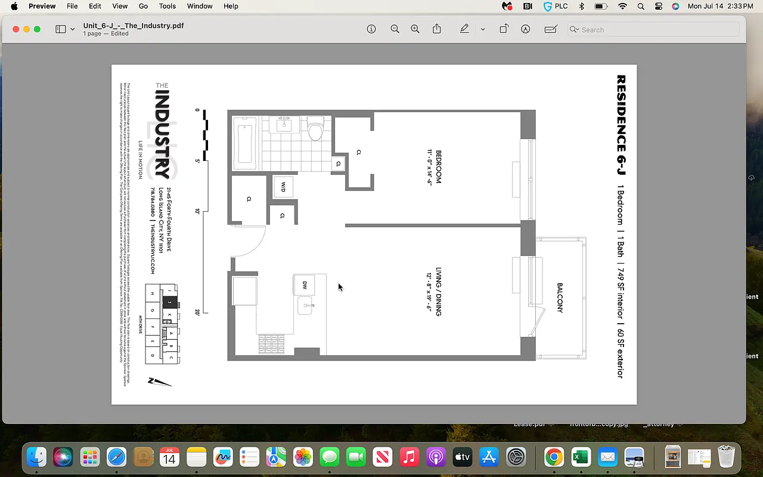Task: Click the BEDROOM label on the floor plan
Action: point(438,167)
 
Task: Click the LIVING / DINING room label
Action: point(438,292)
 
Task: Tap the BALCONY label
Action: point(560,298)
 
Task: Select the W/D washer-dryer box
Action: point(283,187)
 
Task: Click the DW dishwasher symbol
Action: point(304,285)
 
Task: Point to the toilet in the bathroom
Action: point(315,129)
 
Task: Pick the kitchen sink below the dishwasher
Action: point(305,306)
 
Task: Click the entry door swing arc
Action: point(250,241)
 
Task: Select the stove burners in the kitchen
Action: point(271,344)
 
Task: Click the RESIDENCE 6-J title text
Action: point(621,125)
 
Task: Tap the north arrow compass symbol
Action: point(159,382)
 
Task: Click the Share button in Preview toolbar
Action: point(437,29)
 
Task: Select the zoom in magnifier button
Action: point(415,29)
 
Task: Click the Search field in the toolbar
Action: point(653,29)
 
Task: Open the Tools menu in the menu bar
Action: point(167,6)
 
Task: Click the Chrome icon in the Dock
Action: point(554,457)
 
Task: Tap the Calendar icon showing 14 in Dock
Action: point(170,457)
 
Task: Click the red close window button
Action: point(16,29)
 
